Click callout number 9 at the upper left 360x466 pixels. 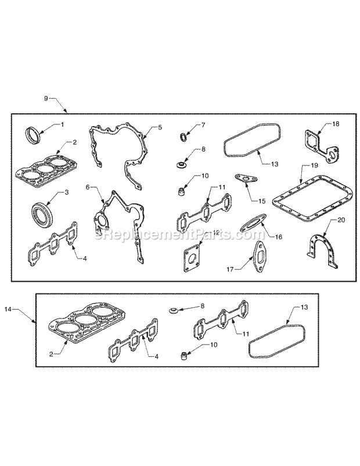point(45,98)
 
